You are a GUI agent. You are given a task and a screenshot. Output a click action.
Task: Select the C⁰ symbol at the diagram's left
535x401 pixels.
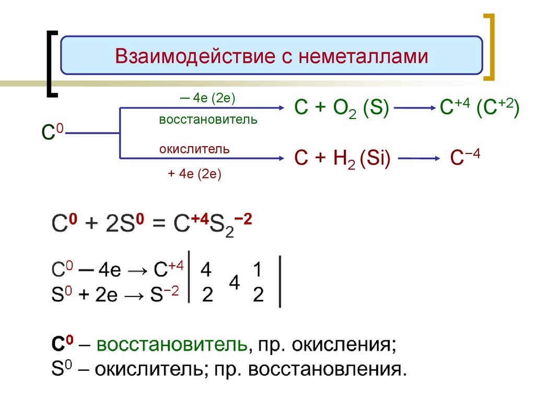tap(52, 133)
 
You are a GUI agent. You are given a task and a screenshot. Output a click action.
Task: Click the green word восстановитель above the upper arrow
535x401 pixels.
tap(208, 120)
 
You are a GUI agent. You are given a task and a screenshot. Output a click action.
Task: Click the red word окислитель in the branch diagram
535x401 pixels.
tap(194, 149)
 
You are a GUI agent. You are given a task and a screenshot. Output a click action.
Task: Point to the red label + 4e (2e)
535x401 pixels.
tap(194, 174)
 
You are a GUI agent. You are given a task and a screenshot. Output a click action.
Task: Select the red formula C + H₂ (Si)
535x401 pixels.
tap(343, 159)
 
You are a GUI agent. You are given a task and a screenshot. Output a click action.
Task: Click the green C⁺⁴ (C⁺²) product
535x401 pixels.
tap(479, 110)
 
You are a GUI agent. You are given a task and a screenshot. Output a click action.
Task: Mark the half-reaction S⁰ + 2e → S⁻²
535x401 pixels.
tap(116, 296)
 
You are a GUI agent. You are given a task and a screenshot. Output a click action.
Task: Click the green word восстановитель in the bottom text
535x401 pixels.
tap(171, 346)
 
